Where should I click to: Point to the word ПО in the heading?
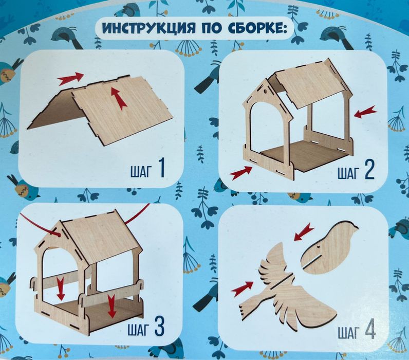click(206, 28)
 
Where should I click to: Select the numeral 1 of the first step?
click(160, 168)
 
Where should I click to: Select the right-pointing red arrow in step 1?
click(70, 79)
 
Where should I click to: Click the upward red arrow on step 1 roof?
click(119, 98)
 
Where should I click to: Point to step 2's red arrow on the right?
click(365, 112)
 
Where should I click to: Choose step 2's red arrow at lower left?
click(240, 173)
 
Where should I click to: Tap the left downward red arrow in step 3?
click(61, 289)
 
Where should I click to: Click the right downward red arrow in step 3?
click(111, 305)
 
